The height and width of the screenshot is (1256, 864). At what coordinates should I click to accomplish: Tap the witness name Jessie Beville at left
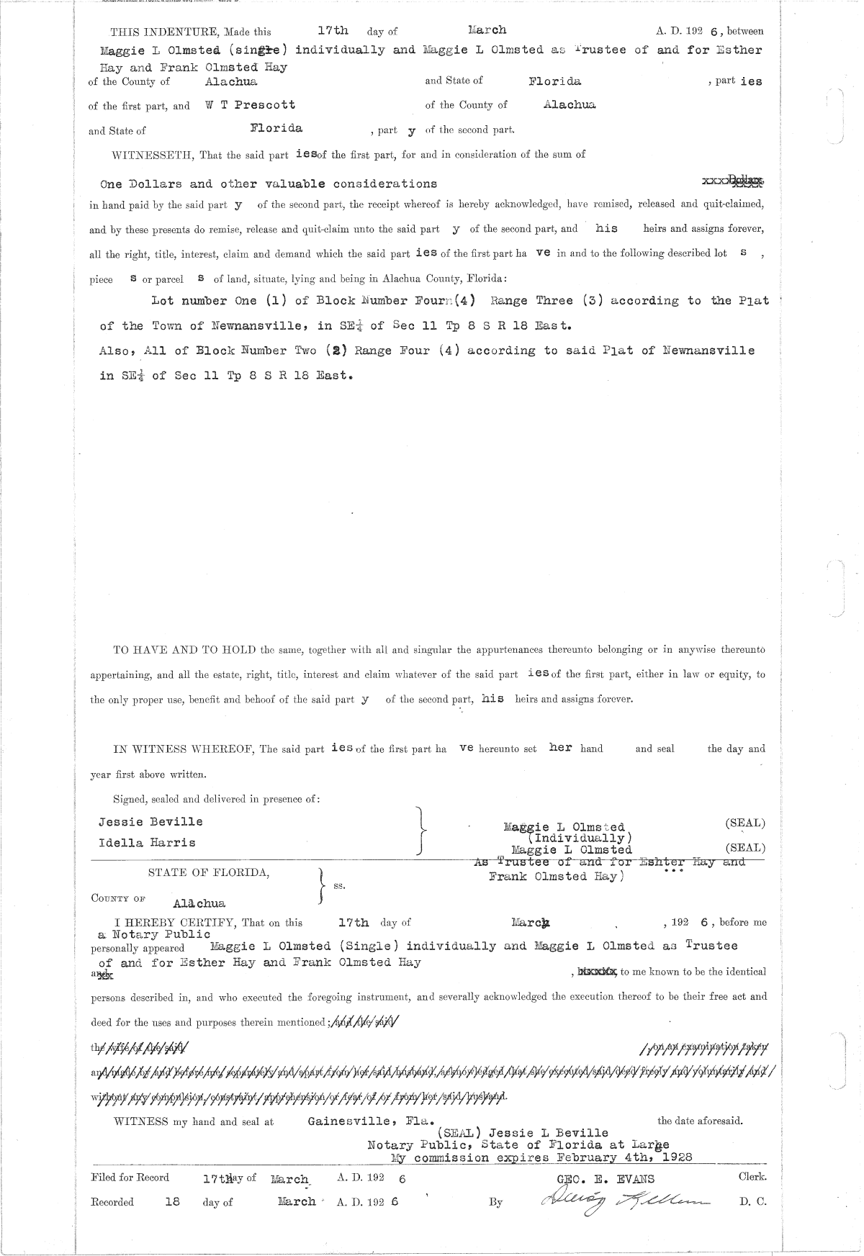coord(150,821)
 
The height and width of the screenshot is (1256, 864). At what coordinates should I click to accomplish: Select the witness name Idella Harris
coord(147,841)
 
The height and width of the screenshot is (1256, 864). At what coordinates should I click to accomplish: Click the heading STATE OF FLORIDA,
coord(210,872)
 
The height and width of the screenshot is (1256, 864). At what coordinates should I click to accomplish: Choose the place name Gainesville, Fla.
coord(371,1121)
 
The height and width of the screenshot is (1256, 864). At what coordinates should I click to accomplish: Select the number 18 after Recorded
coord(172,1201)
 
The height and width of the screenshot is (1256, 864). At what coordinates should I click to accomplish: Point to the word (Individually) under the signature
coord(580,838)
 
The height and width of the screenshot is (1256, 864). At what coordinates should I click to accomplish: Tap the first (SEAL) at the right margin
coord(744,823)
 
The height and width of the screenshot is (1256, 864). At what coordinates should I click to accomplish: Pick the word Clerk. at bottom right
coord(752,1177)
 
